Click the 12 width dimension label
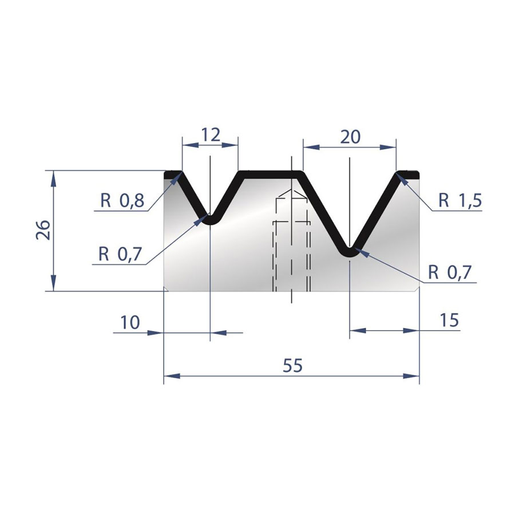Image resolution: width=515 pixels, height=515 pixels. click(x=211, y=134)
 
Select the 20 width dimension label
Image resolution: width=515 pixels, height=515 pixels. click(x=350, y=137)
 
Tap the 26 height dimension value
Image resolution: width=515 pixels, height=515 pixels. click(x=43, y=230)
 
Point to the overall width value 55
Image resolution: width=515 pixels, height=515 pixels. click(x=292, y=365)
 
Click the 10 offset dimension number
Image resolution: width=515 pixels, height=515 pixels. click(x=130, y=322)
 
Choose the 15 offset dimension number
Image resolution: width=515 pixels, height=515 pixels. click(x=449, y=320)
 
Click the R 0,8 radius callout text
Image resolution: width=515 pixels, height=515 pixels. click(x=122, y=200)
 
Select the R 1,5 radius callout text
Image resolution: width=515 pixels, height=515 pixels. click(x=461, y=200)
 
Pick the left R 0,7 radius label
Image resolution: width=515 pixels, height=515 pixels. click(x=120, y=254)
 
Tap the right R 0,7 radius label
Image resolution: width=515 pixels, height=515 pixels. click(x=450, y=272)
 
